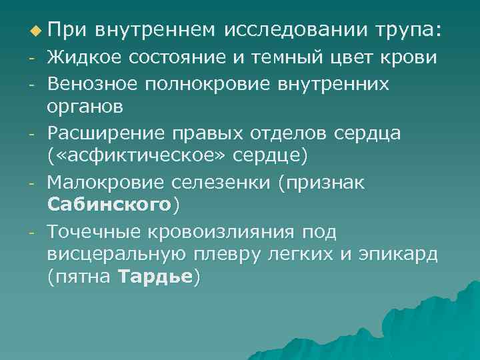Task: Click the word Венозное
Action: click(89, 85)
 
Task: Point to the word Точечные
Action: click(91, 231)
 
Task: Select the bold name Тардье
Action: click(155, 277)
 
